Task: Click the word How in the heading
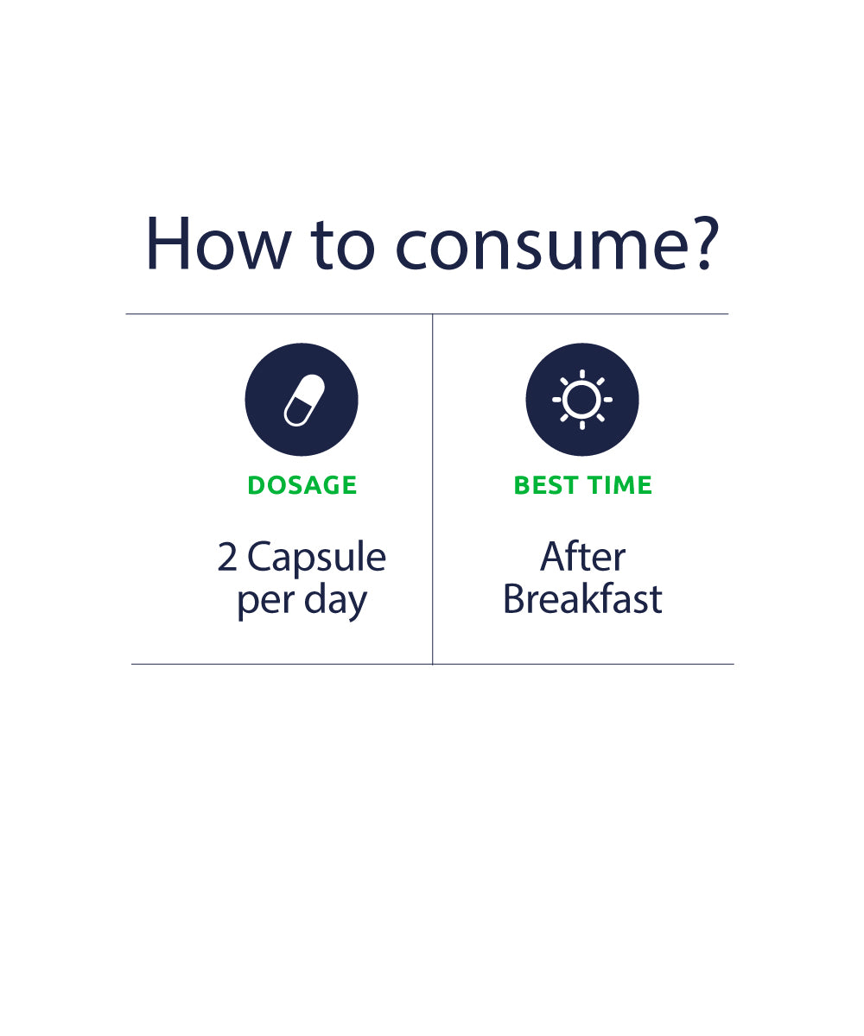click(x=218, y=243)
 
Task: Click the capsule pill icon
click(x=303, y=401)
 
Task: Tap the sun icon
click(x=582, y=400)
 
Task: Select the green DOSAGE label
click(x=302, y=484)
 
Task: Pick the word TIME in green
click(x=619, y=484)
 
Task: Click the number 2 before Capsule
click(x=227, y=557)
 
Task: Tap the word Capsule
click(x=317, y=559)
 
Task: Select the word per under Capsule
click(x=266, y=603)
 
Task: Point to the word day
click(x=336, y=601)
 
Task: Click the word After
click(x=582, y=556)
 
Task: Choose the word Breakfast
click(x=582, y=598)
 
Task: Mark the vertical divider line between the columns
click(x=433, y=490)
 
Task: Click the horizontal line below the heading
click(x=427, y=314)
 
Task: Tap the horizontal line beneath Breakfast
click(x=583, y=664)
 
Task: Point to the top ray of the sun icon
click(x=582, y=374)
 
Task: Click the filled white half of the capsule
click(x=310, y=388)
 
